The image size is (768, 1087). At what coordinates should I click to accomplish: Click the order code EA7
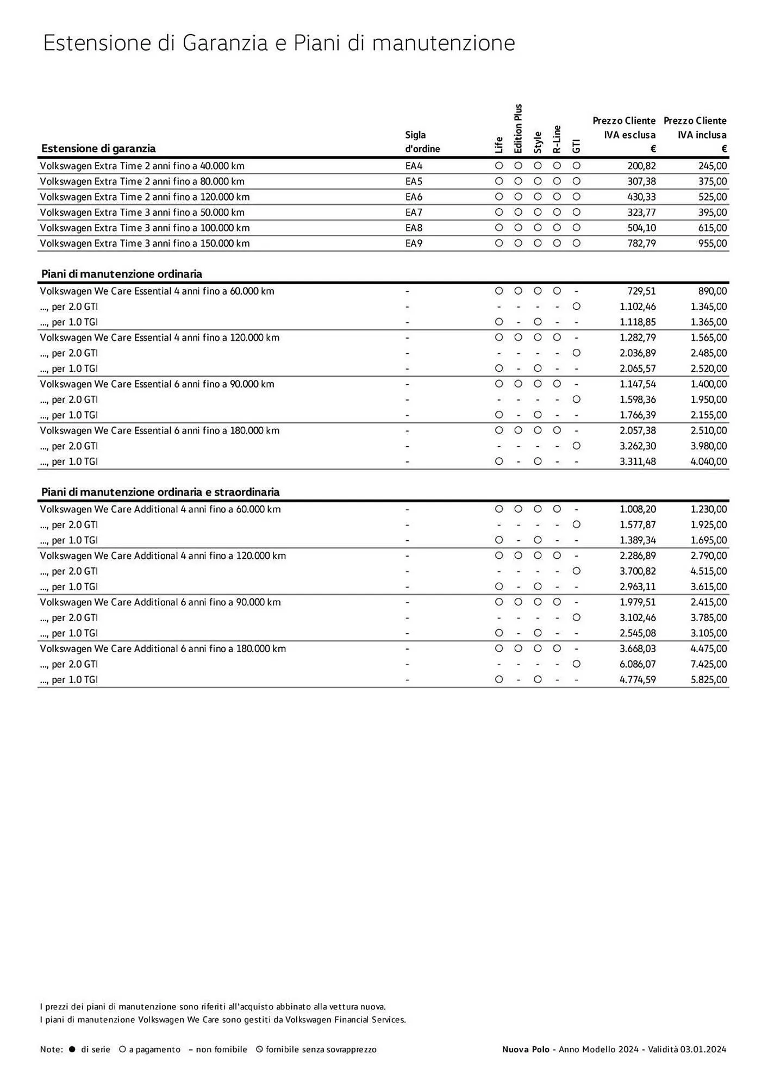point(414,213)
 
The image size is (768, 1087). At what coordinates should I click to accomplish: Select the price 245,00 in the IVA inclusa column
point(713,166)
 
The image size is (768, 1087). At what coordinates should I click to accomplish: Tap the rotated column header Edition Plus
point(518,129)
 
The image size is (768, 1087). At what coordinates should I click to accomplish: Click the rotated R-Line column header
point(557,139)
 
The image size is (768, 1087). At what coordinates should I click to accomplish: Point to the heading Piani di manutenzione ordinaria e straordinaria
point(160,492)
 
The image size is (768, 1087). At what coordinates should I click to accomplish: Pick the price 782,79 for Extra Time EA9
point(641,243)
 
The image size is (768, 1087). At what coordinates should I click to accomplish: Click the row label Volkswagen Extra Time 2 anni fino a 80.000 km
point(142,182)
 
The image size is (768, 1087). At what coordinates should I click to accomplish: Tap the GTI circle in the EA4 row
point(577,166)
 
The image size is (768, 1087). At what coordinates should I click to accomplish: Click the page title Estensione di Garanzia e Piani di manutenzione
point(279,43)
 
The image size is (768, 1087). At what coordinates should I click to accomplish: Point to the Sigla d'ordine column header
point(422,142)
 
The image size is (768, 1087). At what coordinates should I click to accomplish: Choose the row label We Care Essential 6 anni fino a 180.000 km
point(159,430)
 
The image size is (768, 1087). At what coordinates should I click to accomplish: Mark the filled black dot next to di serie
point(72,1049)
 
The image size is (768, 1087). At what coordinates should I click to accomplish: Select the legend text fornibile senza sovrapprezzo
point(321,1049)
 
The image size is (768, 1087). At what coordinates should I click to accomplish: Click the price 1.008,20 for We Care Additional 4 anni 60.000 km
point(638,509)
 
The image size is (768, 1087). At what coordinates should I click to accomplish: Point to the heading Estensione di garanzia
point(98,149)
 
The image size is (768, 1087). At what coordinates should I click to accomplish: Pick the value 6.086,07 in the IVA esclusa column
point(638,664)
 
